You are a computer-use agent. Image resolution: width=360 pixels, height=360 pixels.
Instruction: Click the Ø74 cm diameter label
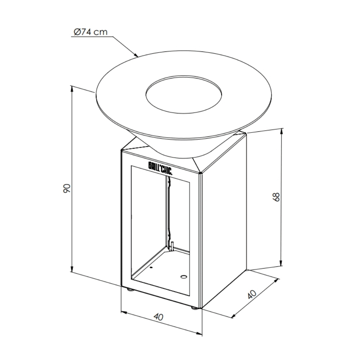tap(91, 32)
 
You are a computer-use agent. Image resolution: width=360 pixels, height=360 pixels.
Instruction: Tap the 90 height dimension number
tap(67, 188)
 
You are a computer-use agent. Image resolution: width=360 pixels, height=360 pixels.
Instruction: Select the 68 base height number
tap(276, 197)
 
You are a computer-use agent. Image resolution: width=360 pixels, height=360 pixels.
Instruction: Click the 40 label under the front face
tap(158, 317)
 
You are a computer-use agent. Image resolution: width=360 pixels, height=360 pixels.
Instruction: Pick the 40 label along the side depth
tap(252, 294)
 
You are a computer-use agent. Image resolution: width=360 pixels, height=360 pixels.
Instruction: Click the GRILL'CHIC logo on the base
tap(160, 168)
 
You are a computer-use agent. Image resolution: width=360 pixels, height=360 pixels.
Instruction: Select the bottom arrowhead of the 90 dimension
tap(72, 269)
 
